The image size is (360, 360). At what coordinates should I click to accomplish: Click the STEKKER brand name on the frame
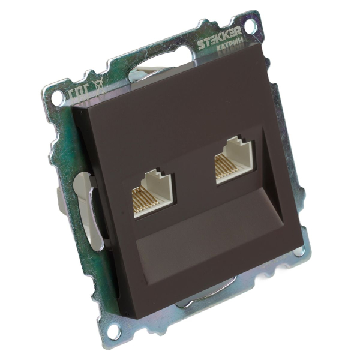(220, 43)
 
